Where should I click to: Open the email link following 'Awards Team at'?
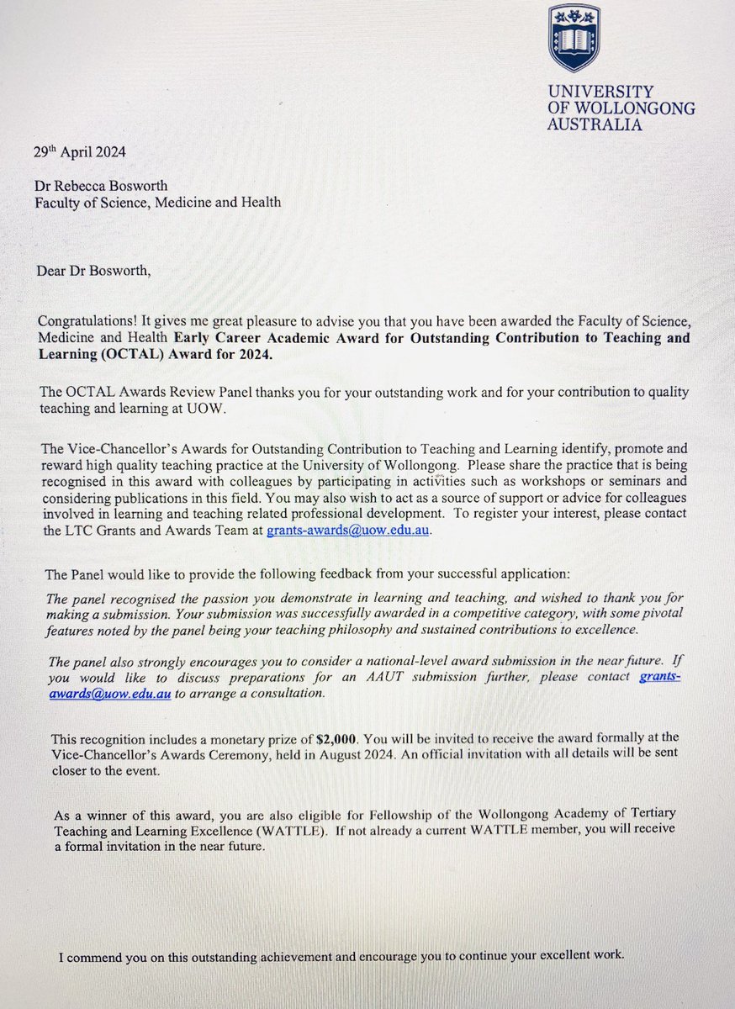[348, 530]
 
